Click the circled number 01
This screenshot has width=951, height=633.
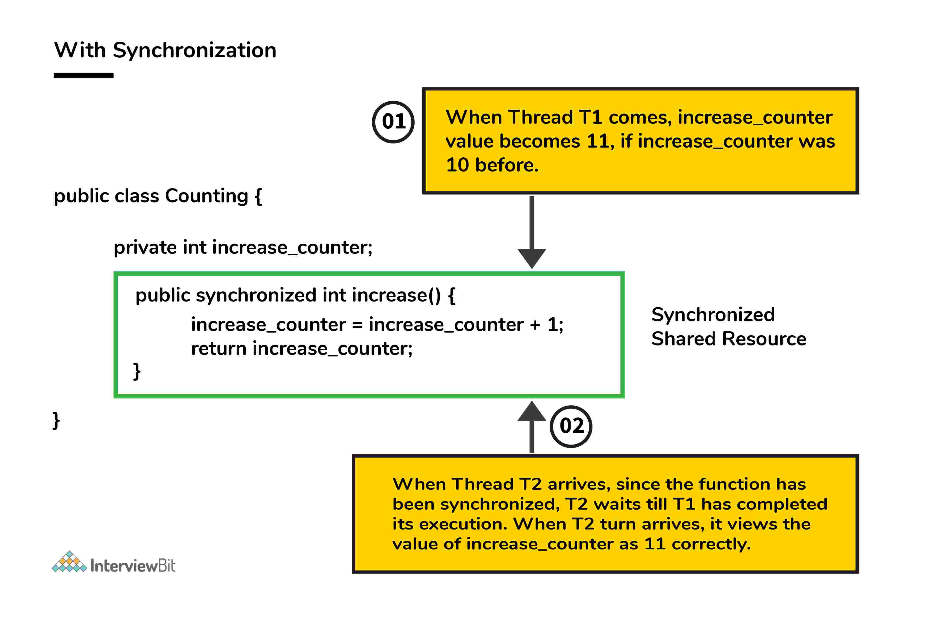tap(393, 122)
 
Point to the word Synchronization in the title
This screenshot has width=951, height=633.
tap(194, 50)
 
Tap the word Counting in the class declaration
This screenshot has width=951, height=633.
tap(206, 196)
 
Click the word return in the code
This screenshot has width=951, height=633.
tap(219, 348)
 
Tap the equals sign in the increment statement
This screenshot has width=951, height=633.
tap(357, 325)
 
